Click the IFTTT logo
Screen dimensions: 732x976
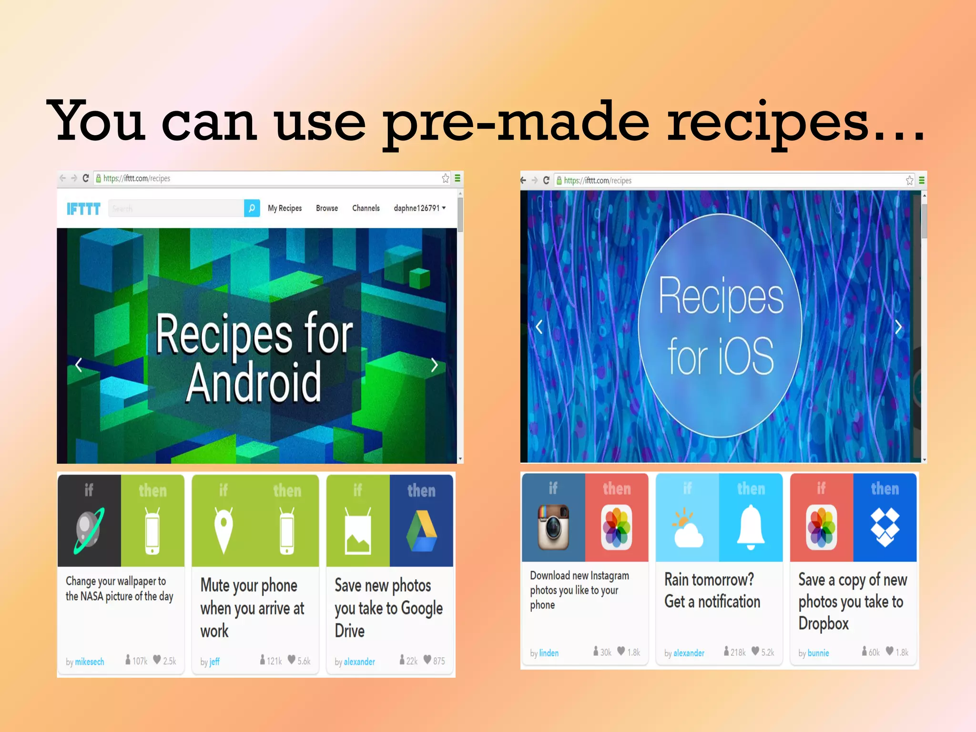tap(83, 209)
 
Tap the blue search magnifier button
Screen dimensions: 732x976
tap(252, 208)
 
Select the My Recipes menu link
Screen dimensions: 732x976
tap(285, 208)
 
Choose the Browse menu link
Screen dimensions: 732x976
tap(327, 208)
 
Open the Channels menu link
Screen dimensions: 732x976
tap(366, 208)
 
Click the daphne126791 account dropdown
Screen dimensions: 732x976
tap(419, 208)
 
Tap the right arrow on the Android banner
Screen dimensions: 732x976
tap(434, 365)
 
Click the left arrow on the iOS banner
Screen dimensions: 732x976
tap(539, 327)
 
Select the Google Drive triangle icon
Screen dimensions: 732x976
tap(421, 531)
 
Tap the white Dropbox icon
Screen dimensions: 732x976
tap(884, 527)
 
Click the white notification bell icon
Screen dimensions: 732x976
tap(751, 527)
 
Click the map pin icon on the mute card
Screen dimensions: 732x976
tap(224, 530)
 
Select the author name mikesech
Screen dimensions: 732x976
tap(90, 661)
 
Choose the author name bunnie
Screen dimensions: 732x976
tap(818, 653)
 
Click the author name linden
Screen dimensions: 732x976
tap(549, 653)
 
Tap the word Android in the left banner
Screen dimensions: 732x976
tap(254, 382)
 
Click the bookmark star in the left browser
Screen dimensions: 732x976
tap(446, 178)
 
